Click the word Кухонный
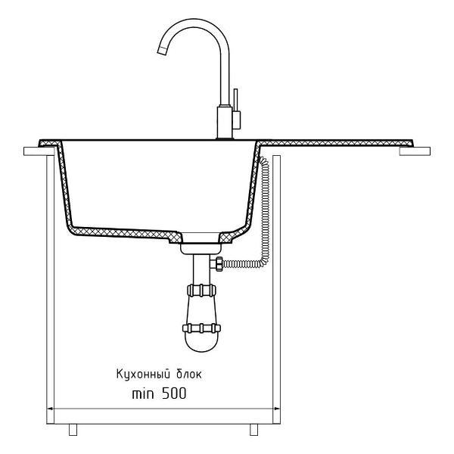[x=143, y=375]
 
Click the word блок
[x=188, y=374]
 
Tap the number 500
[x=174, y=393]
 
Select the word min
[x=143, y=394]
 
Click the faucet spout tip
[x=162, y=51]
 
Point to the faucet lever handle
[x=236, y=109]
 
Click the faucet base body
[x=225, y=123]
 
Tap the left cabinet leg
[x=73, y=430]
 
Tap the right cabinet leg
[x=254, y=430]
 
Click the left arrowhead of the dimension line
[x=50, y=409]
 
